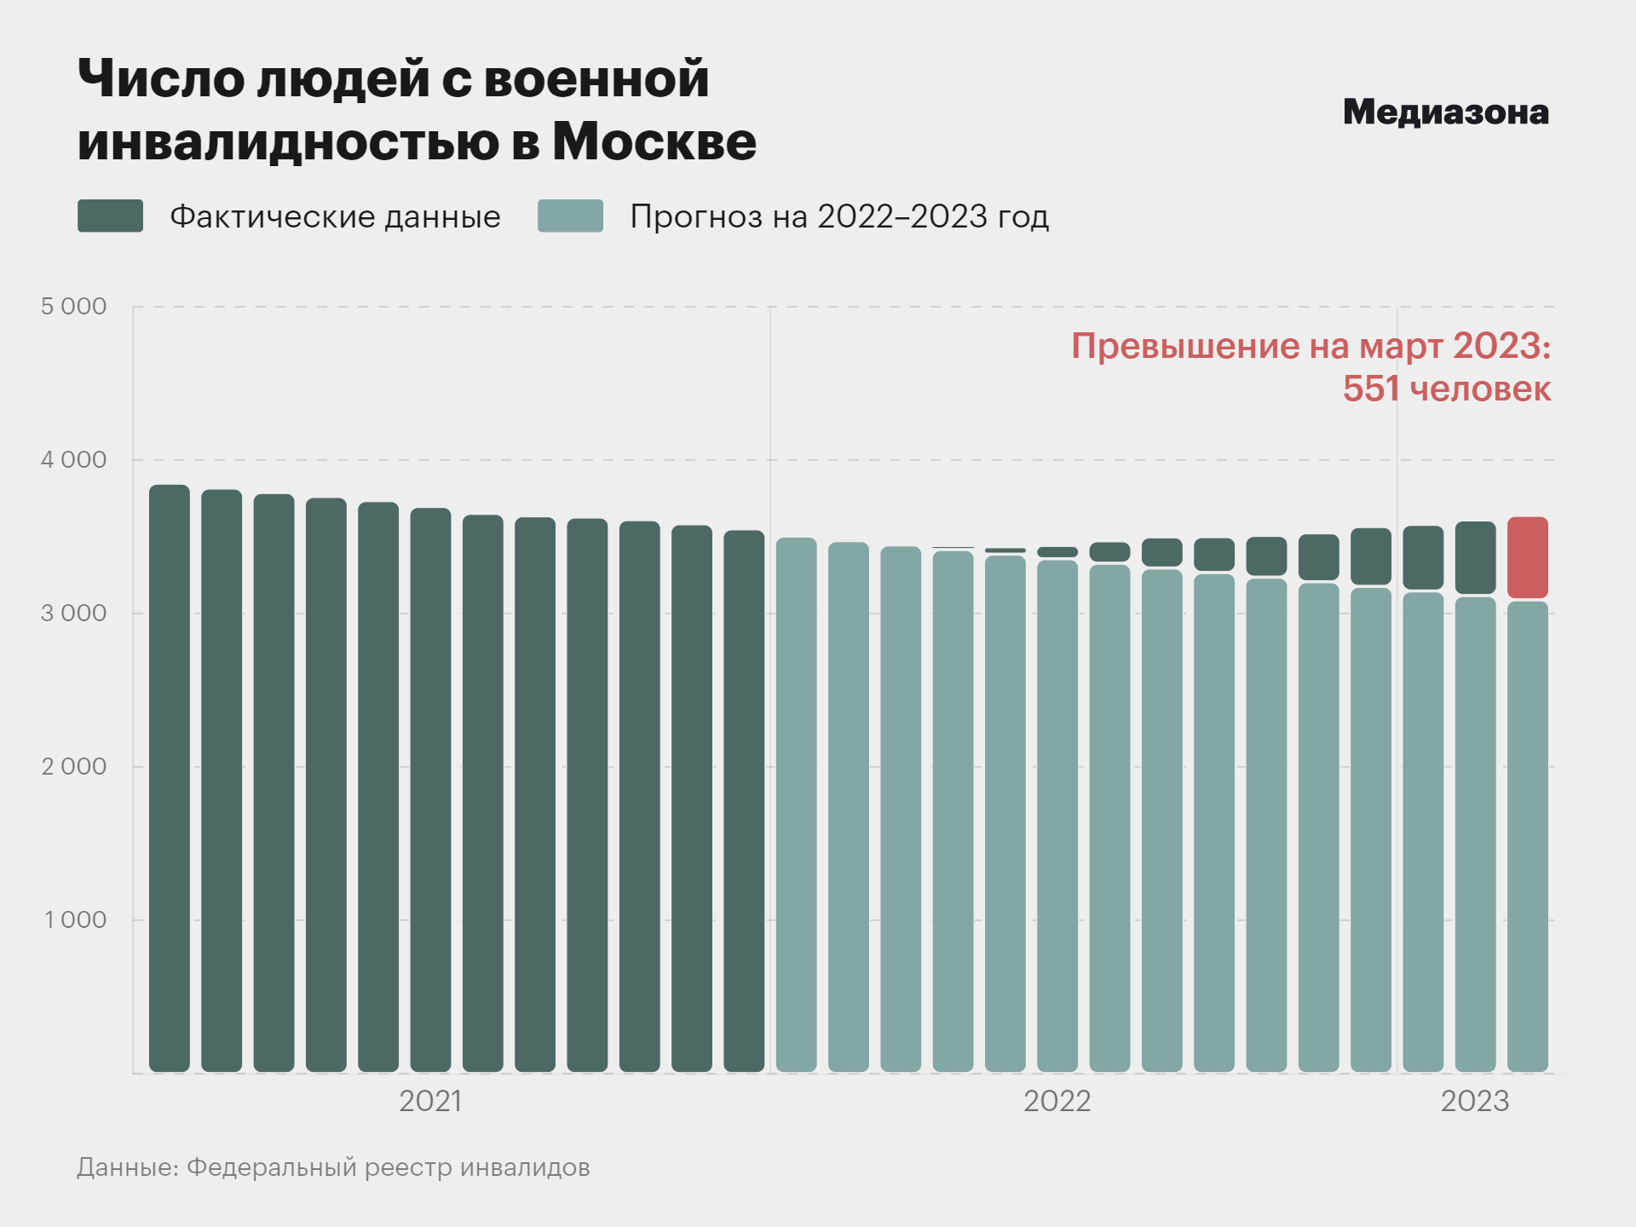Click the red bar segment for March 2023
(x=1527, y=557)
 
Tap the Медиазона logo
(x=1445, y=112)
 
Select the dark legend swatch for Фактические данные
(x=110, y=216)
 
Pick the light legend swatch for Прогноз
(x=570, y=216)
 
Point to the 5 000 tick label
(x=74, y=307)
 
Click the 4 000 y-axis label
(x=74, y=460)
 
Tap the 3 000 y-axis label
(x=74, y=613)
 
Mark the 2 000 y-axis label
(x=74, y=767)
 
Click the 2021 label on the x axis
(x=430, y=1101)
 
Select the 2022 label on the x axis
(x=1057, y=1101)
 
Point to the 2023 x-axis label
(x=1474, y=1101)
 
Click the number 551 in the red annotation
(x=1371, y=389)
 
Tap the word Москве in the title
(x=654, y=141)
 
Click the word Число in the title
(x=160, y=79)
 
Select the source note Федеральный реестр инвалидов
(x=388, y=1167)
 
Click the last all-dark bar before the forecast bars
(x=744, y=801)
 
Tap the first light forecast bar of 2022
(x=796, y=804)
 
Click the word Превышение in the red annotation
(x=1184, y=346)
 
